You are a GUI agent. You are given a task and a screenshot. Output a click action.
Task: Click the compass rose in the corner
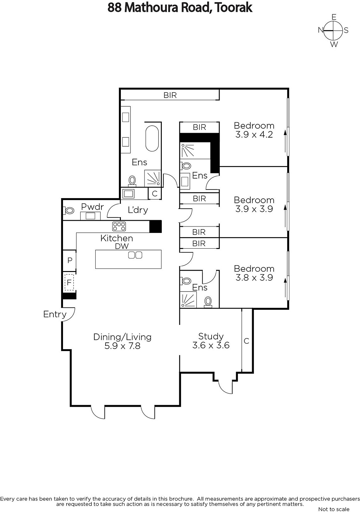(333, 30)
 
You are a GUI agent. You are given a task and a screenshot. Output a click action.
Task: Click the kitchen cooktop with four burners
(119, 226)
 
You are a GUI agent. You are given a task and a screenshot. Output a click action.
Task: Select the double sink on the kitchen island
(135, 255)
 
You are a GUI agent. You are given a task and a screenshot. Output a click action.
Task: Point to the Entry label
(55, 314)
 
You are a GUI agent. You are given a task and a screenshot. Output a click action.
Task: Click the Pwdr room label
(92, 207)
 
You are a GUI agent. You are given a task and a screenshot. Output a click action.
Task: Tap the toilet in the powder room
(69, 210)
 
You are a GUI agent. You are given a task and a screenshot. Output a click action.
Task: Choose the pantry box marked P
(69, 260)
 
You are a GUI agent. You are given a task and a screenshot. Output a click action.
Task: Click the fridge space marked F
(69, 282)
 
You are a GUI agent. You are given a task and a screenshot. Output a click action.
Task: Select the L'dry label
(138, 210)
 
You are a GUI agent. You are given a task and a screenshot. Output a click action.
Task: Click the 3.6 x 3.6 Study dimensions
(211, 345)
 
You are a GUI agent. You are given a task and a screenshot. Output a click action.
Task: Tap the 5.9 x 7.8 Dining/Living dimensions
(122, 346)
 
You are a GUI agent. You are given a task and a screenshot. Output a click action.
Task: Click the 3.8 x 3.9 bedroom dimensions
(254, 277)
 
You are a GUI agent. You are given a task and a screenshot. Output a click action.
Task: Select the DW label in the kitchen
(122, 246)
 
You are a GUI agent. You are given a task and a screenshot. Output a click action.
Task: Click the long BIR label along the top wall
(170, 95)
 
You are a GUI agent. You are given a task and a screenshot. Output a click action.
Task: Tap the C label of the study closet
(246, 341)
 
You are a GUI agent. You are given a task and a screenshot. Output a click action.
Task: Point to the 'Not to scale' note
(334, 509)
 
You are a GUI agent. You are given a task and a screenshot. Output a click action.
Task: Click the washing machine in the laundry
(128, 194)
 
